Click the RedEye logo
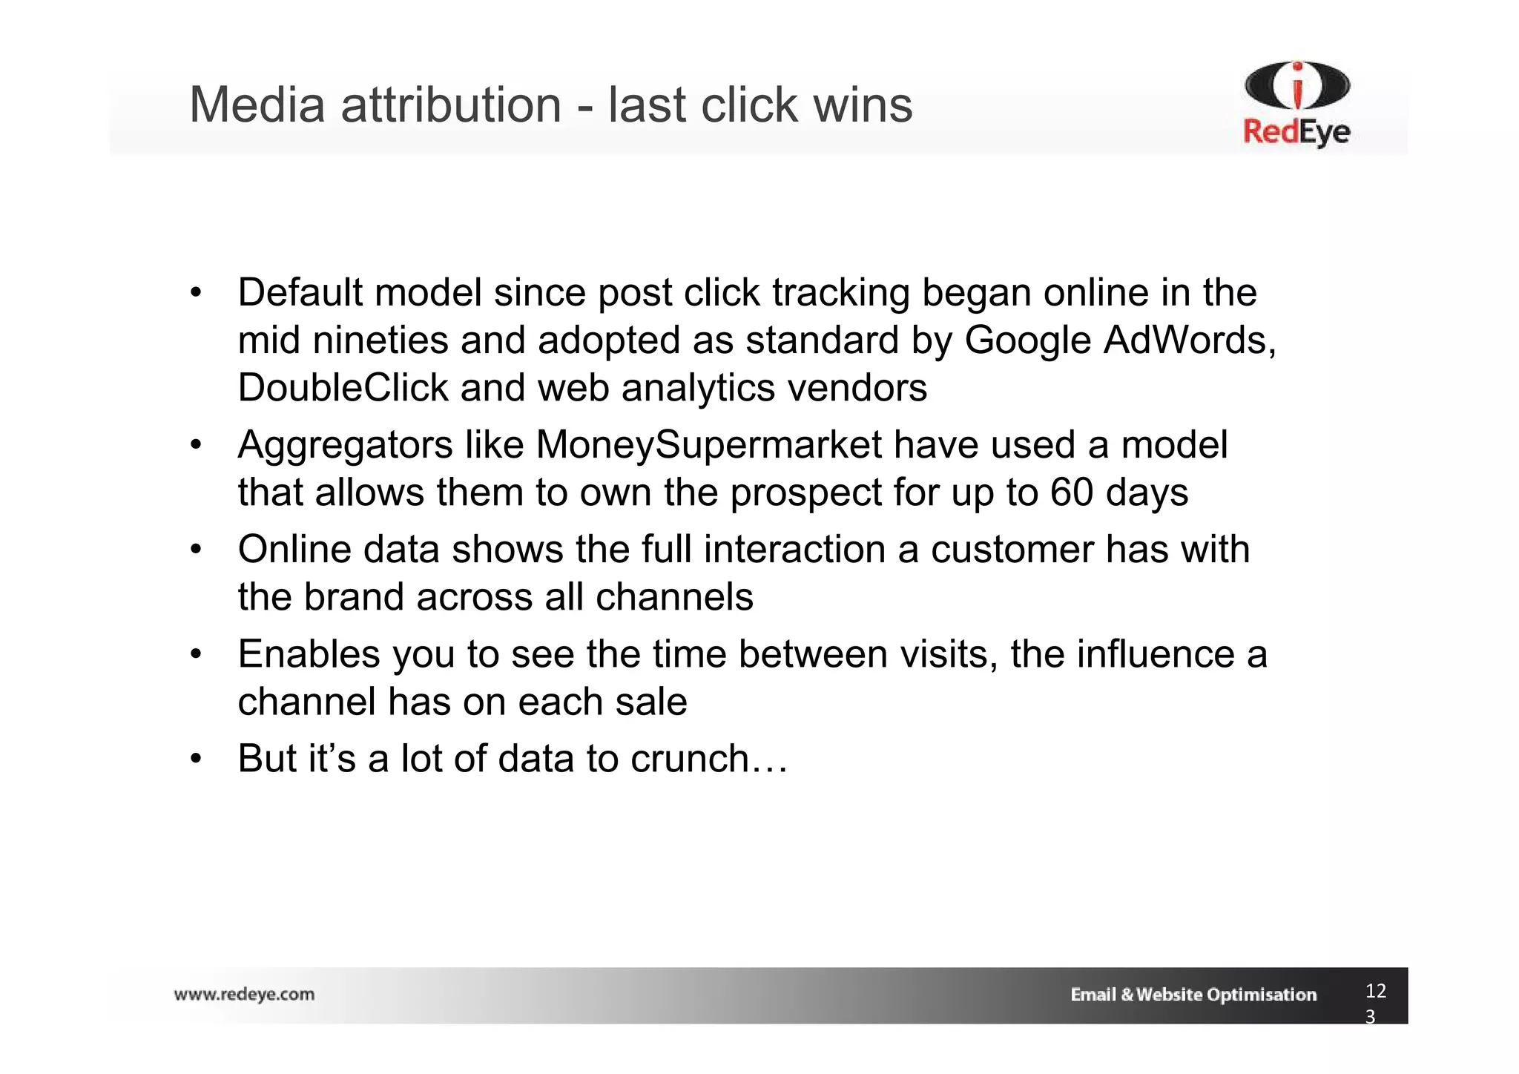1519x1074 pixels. click(x=1296, y=104)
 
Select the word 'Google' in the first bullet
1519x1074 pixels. click(x=1027, y=340)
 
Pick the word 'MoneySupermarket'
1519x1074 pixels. click(x=708, y=445)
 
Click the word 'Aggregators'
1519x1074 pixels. click(x=345, y=445)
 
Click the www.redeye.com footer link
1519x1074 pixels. click(x=244, y=994)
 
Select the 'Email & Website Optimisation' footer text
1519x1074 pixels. click(x=1193, y=995)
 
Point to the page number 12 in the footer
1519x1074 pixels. click(x=1375, y=991)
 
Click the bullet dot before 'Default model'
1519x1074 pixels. click(x=195, y=293)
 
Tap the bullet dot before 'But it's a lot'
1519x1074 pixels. click(x=195, y=760)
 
